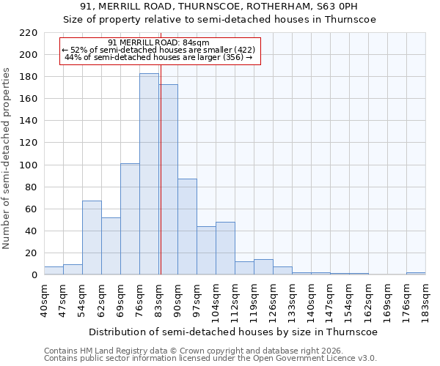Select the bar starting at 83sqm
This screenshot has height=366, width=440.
168,179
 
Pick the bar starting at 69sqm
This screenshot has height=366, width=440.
130,220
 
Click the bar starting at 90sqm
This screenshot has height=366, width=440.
187,227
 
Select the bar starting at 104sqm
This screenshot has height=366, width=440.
225,249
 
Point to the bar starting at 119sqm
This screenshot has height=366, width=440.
263,267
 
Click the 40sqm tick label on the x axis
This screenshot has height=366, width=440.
44,298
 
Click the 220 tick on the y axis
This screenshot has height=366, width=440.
29,33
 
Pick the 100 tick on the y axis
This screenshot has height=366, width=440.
29,165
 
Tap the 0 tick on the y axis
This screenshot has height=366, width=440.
34,275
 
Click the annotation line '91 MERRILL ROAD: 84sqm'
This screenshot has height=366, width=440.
158,42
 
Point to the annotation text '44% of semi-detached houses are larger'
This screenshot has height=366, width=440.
158,57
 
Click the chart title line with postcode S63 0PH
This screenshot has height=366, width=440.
220,8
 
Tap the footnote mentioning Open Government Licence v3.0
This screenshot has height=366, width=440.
210,358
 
